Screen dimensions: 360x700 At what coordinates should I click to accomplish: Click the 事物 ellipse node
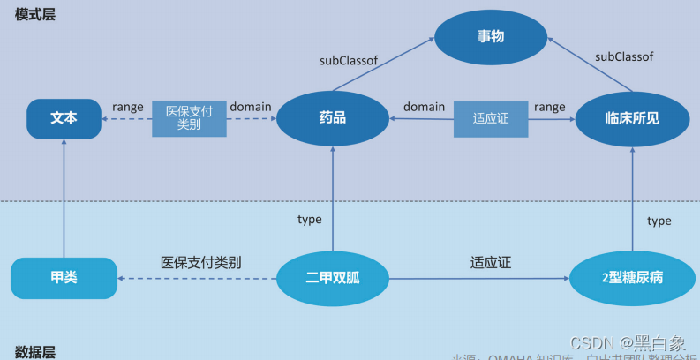click(x=491, y=37)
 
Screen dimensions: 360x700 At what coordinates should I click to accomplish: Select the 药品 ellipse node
click(x=333, y=118)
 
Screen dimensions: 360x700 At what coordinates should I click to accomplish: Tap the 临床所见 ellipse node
click(x=632, y=118)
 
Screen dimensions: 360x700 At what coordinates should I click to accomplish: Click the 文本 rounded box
click(x=64, y=118)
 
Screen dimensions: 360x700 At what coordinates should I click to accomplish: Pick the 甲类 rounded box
click(x=64, y=278)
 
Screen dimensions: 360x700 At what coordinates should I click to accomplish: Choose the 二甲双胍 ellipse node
click(x=333, y=278)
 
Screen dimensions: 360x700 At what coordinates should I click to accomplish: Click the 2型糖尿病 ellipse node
click(x=627, y=278)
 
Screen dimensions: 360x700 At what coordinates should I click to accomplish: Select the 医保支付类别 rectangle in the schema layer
click(x=189, y=118)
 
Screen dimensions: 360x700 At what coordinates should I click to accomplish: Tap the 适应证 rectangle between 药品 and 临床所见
click(x=491, y=118)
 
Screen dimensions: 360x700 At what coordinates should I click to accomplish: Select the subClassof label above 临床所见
click(x=624, y=56)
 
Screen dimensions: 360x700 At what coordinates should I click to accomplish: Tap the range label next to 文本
click(x=128, y=107)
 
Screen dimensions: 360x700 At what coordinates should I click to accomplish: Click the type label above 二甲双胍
click(x=310, y=219)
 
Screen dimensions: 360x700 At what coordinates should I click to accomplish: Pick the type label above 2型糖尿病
click(x=659, y=221)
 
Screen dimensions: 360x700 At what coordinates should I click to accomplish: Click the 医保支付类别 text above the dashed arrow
click(x=201, y=262)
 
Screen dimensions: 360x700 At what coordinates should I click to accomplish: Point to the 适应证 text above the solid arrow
click(x=491, y=262)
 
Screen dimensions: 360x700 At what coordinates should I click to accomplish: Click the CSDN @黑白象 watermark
click(x=628, y=343)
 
